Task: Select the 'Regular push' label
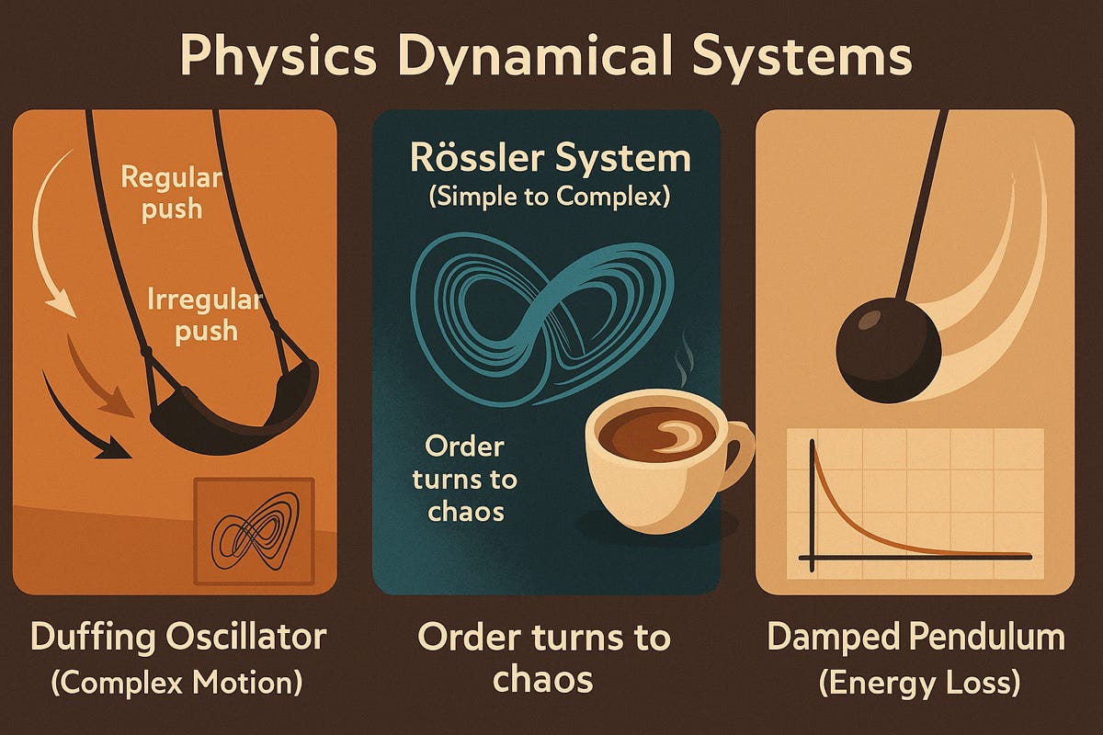(x=171, y=191)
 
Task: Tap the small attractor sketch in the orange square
(x=253, y=532)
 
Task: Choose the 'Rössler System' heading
(x=551, y=159)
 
